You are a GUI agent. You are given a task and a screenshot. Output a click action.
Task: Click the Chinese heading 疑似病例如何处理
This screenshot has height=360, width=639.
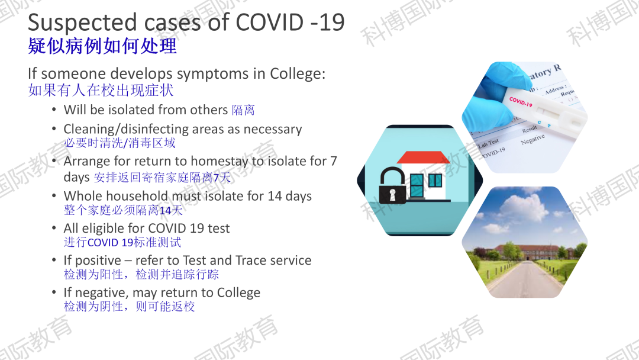coord(102,46)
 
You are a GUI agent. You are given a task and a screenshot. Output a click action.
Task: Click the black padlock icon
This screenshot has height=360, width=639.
coord(392,185)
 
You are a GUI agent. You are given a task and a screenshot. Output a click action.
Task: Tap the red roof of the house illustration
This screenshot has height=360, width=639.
coord(423,157)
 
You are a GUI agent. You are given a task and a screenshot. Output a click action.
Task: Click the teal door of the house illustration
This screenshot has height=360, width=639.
coord(417,185)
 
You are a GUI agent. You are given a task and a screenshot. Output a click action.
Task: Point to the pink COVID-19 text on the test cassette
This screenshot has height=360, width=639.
coord(521,101)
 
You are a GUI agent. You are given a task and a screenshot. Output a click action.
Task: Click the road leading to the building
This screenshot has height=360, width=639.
coord(524,279)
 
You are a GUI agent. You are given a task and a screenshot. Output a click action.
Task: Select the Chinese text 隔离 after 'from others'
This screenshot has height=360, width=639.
coord(243,110)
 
